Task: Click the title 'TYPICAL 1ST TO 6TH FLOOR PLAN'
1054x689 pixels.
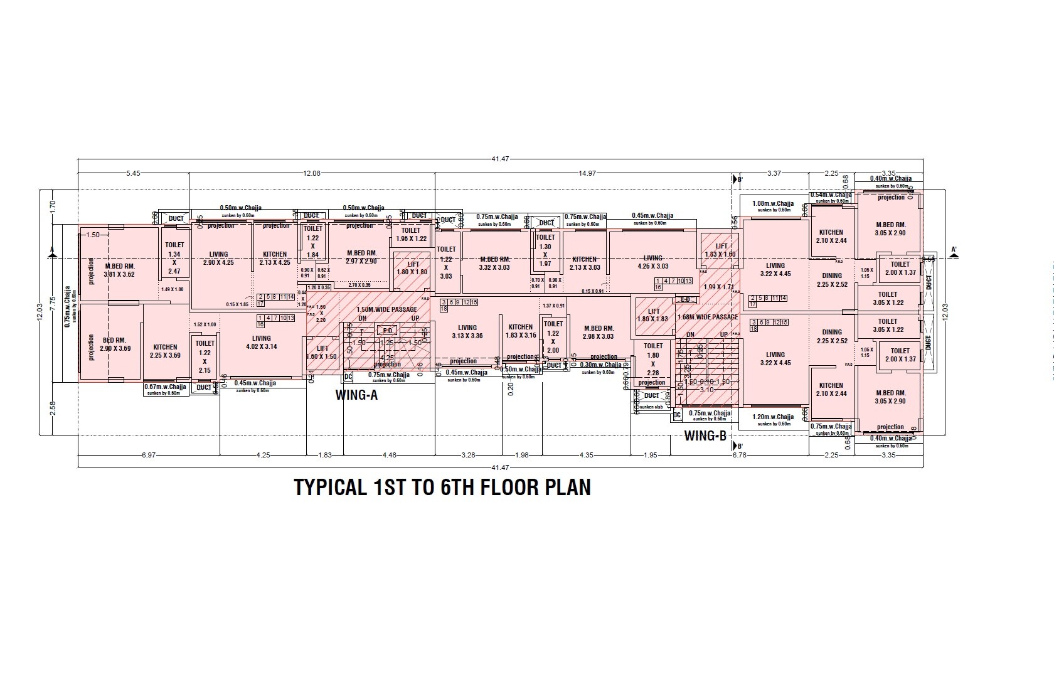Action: [x=442, y=488]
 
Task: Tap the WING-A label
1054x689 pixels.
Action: [x=356, y=395]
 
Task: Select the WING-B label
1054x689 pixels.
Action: [x=705, y=435]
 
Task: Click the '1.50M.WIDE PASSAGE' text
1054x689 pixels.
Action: [x=386, y=310]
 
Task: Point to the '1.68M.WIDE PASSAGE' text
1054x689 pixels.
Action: [x=707, y=317]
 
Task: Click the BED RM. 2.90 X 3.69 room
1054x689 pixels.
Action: [x=115, y=344]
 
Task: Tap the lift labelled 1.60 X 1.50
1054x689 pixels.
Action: [x=322, y=352]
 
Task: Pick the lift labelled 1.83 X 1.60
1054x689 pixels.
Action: [x=720, y=250]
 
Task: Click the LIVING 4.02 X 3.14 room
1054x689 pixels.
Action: [x=261, y=343]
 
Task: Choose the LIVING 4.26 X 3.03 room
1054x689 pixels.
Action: [x=652, y=262]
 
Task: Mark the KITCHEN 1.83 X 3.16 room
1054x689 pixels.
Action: [x=520, y=331]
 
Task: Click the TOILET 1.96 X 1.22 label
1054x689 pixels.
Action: [x=411, y=235]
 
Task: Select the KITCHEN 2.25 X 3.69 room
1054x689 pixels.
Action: [x=165, y=351]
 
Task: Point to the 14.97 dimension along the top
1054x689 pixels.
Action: [x=587, y=173]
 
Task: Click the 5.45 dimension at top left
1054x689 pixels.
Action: [x=133, y=173]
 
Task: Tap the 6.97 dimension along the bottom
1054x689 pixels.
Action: [x=148, y=456]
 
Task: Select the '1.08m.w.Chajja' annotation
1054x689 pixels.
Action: [x=772, y=203]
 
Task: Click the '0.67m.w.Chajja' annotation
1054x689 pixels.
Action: [x=165, y=387]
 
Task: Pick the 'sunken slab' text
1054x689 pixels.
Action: [x=651, y=407]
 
